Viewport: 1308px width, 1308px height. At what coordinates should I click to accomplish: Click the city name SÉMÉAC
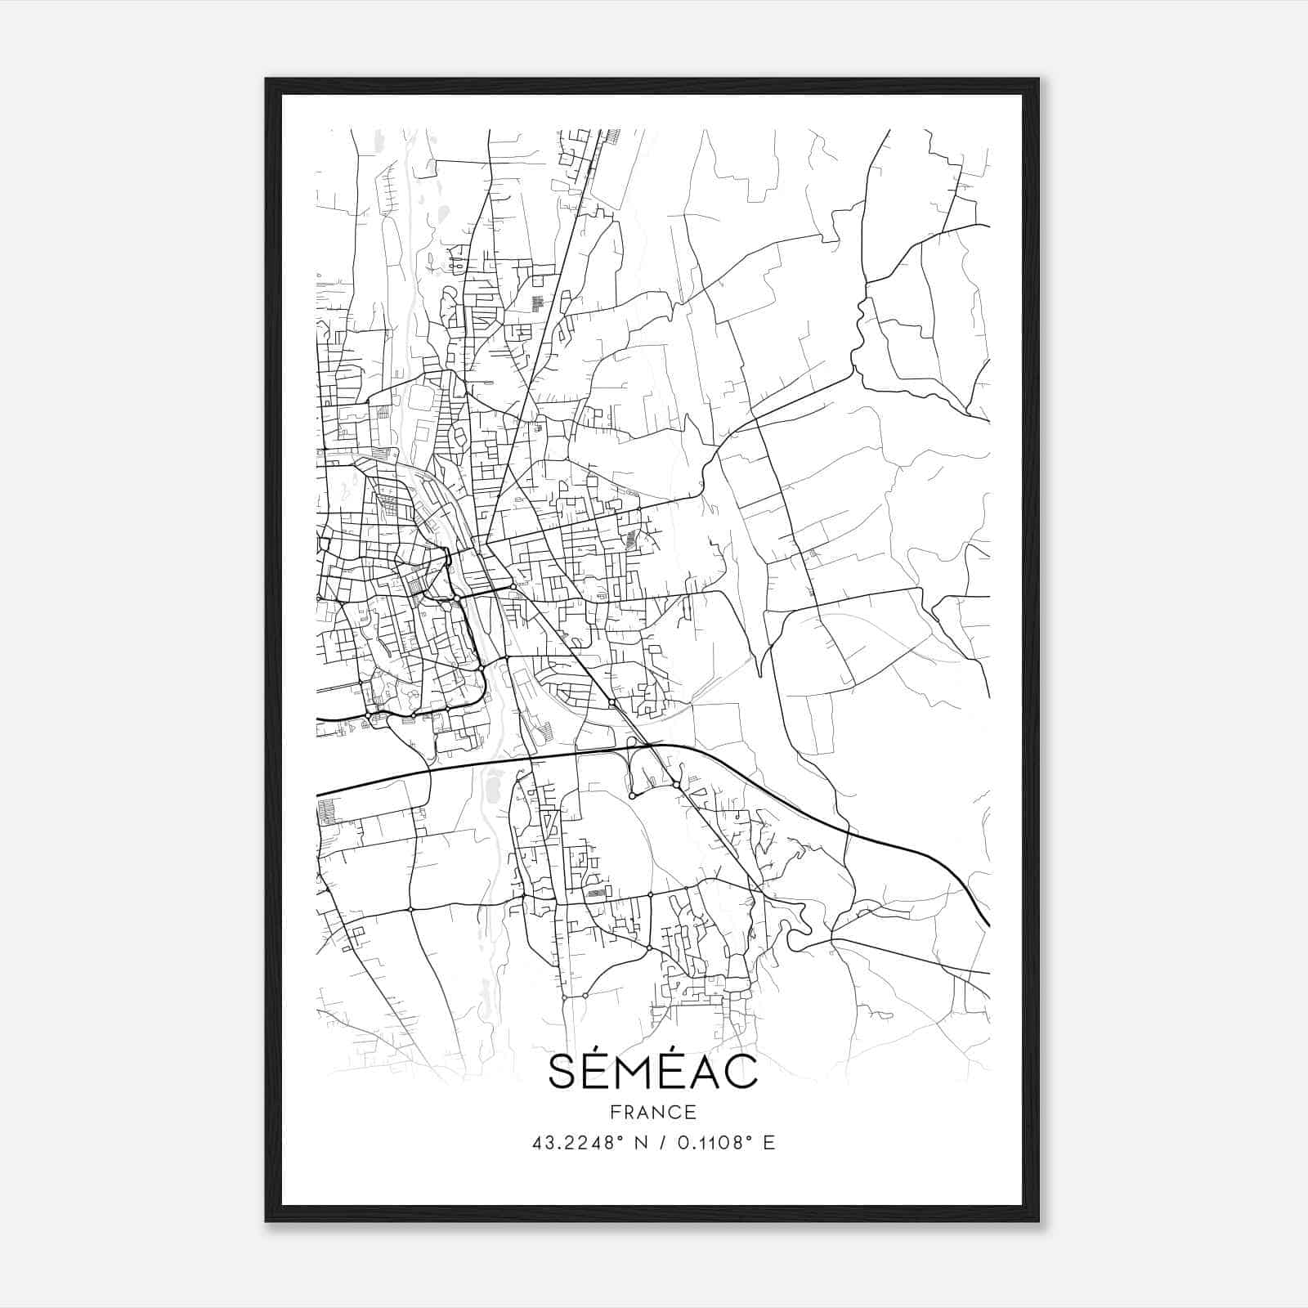(652, 1072)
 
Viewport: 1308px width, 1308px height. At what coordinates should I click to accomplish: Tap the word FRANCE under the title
(652, 1113)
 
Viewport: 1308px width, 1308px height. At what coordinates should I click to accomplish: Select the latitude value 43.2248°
(576, 1143)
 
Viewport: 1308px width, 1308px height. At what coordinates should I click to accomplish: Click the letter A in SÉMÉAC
(710, 1073)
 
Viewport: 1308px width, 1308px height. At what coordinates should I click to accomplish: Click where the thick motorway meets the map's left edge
(318, 794)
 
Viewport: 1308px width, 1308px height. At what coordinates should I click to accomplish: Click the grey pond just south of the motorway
(493, 789)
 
